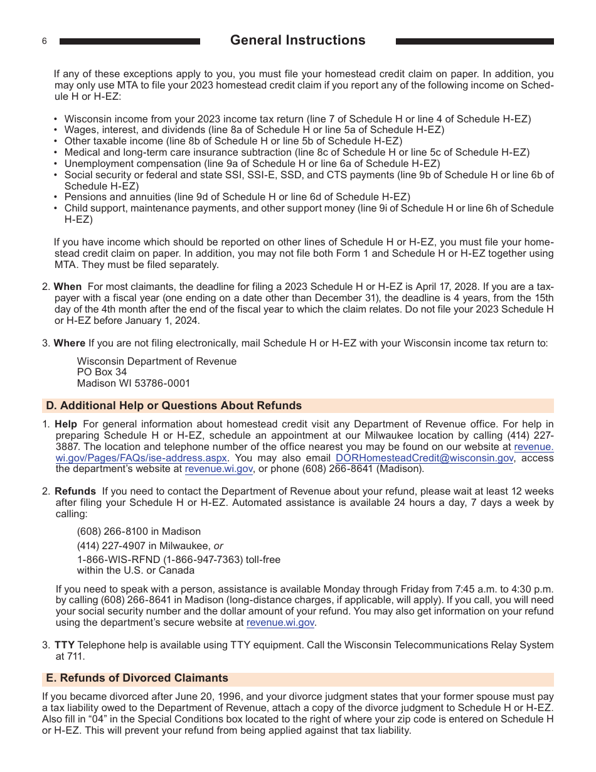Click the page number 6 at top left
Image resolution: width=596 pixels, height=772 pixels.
(x=45, y=41)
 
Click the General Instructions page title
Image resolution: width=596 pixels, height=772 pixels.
(x=297, y=40)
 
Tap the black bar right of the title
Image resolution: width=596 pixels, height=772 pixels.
(x=474, y=41)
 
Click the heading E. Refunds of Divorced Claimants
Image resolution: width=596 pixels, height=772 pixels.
(x=137, y=678)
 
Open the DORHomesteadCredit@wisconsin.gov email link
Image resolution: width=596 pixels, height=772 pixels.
(x=424, y=458)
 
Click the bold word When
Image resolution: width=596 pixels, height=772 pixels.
(x=68, y=287)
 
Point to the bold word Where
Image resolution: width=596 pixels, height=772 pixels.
(x=69, y=343)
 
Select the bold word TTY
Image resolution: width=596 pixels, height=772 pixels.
(x=64, y=645)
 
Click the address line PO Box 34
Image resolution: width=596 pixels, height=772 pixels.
(x=102, y=372)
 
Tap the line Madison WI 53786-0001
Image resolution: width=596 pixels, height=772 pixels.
(x=133, y=383)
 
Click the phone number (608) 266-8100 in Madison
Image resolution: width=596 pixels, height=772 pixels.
(x=139, y=531)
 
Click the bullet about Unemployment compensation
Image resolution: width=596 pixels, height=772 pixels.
(x=252, y=163)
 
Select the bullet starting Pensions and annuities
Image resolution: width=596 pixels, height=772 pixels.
(x=237, y=197)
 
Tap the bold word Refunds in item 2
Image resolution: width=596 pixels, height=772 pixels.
(x=75, y=491)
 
